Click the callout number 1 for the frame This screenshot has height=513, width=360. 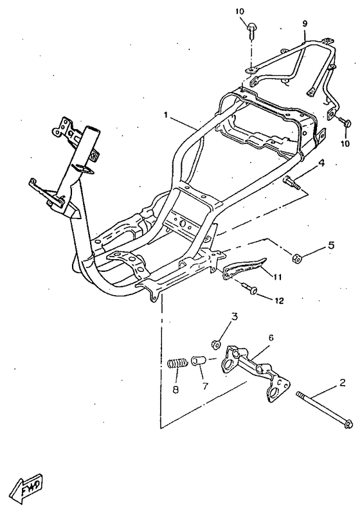(x=166, y=115)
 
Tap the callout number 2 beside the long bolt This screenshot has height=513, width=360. (x=343, y=382)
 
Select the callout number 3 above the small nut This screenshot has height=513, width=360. (x=235, y=316)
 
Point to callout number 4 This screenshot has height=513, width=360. (x=322, y=163)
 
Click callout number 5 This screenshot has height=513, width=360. (x=331, y=245)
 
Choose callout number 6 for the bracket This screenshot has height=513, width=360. (x=271, y=337)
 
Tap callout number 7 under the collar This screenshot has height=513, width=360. (x=205, y=386)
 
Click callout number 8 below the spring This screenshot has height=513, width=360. (x=175, y=390)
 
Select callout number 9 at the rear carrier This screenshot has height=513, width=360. (x=305, y=24)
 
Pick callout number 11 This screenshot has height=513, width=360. (x=278, y=277)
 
